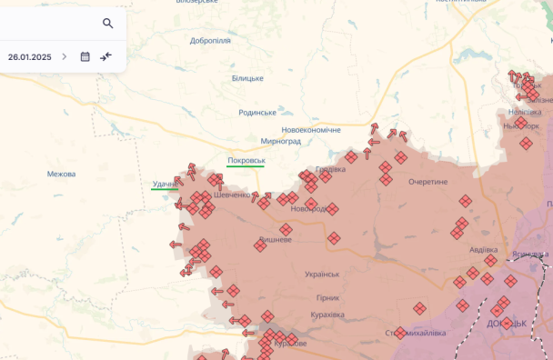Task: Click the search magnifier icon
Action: point(108,24)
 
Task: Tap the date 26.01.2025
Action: point(30,56)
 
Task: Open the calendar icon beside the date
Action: point(85,56)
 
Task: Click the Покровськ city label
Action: point(246,161)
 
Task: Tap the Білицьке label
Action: point(247,79)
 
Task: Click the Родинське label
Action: point(257,113)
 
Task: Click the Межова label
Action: point(62,174)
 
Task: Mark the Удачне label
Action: point(165,185)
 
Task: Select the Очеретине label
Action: point(427,182)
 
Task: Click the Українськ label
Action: point(322,274)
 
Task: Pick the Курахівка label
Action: point(327,315)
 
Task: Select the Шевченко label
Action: point(231,195)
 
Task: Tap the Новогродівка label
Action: point(311,209)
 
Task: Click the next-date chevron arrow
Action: point(65,56)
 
